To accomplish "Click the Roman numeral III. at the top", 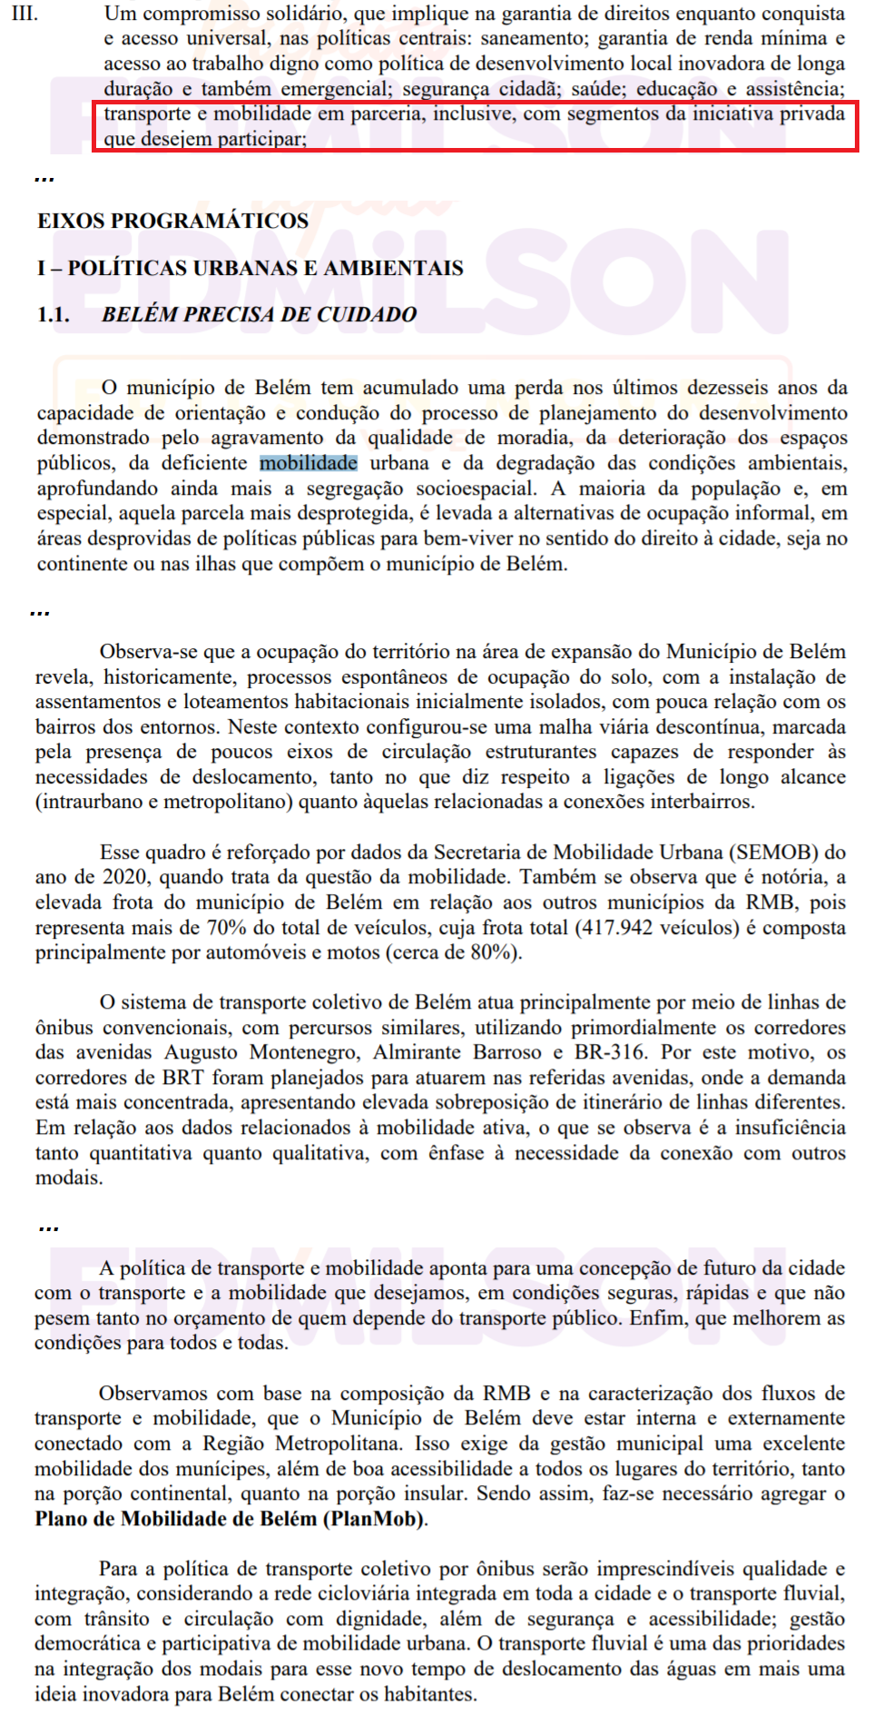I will pyautogui.click(x=24, y=14).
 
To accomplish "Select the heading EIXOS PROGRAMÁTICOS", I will pyautogui.click(x=172, y=221).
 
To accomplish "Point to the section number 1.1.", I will pyautogui.click(x=53, y=314).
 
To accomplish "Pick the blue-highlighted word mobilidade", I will pyautogui.click(x=309, y=463).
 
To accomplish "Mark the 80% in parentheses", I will pyautogui.click(x=491, y=952).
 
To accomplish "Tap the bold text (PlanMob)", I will pyautogui.click(x=374, y=1519).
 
